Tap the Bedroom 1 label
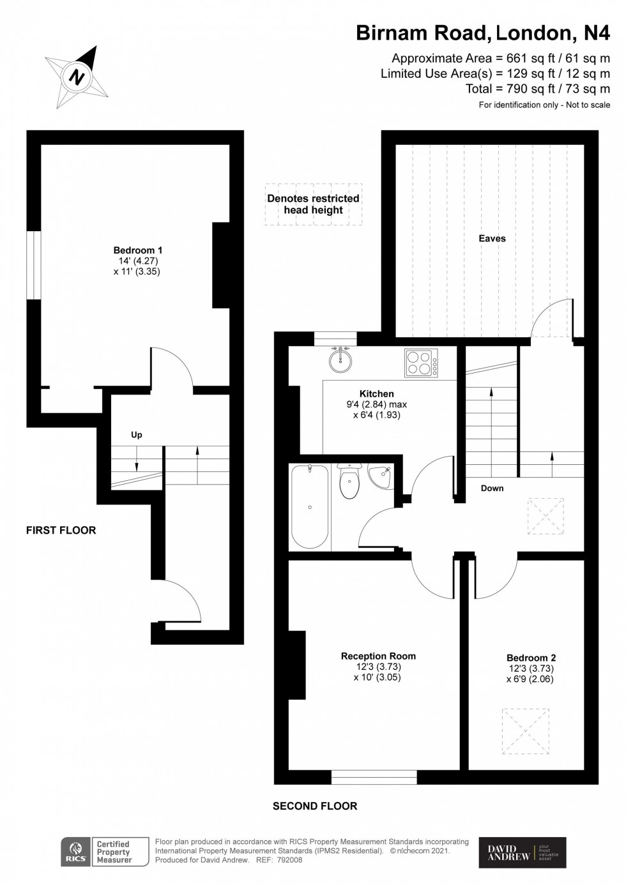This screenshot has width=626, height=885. coord(137,250)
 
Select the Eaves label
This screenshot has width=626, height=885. coord(492,238)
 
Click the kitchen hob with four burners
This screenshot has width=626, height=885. coord(422,363)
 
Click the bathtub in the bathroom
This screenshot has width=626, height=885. coord(310,506)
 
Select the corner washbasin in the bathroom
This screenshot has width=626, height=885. coord(380,476)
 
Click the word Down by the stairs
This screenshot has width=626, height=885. coord(492,488)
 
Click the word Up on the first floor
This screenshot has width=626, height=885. coord(136,435)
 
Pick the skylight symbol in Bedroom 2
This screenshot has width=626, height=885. coord(525,732)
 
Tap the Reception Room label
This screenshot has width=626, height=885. coord(378,656)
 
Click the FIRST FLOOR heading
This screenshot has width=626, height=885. coord(61,530)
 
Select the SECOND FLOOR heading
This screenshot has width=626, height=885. coord(315,806)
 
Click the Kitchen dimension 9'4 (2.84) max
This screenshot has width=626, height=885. coord(376,404)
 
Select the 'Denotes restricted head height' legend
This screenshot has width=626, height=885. coord(314,204)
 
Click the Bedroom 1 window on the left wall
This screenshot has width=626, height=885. coord(34,265)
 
